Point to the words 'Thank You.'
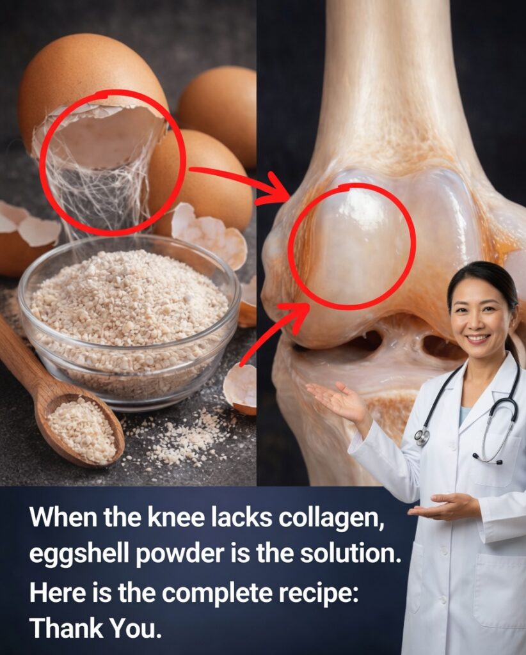tap(96, 628)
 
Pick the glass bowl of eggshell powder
tap(129, 322)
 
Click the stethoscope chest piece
tap(422, 436)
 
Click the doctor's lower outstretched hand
tap(443, 507)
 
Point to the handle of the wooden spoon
tap(23, 359)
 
